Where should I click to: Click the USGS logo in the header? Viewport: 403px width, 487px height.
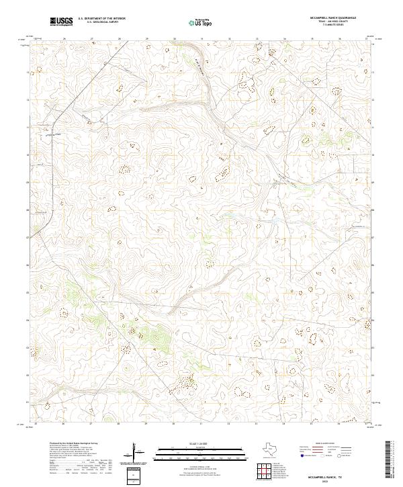coord(62,21)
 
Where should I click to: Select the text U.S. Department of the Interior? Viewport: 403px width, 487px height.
coord(101,19)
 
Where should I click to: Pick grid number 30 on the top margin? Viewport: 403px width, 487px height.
coord(174,39)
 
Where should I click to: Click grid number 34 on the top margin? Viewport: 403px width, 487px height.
coord(284,39)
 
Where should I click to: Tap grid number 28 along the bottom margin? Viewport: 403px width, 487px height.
coord(119,425)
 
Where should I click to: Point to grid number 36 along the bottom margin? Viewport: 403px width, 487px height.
coord(339,425)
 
